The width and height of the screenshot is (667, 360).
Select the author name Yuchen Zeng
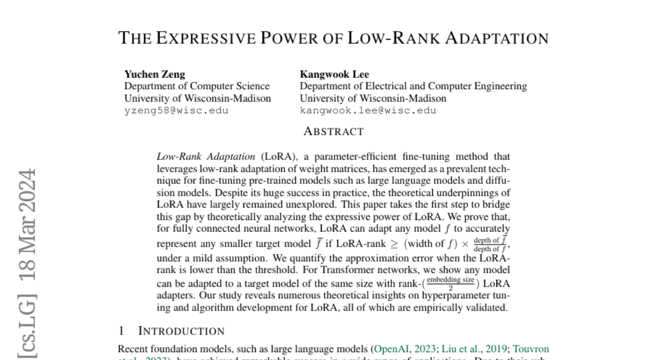pyautogui.click(x=155, y=74)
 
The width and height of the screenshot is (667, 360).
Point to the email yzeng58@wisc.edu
pyautogui.click(x=176, y=110)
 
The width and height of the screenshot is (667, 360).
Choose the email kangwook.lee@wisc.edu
pyautogui.click(x=368, y=110)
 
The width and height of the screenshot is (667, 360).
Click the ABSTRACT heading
pyautogui.click(x=333, y=132)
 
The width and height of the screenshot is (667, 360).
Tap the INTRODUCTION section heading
pyautogui.click(x=181, y=331)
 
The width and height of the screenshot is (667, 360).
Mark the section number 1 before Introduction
pyautogui.click(x=121, y=331)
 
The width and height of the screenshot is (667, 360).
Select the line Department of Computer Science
pyautogui.click(x=197, y=86)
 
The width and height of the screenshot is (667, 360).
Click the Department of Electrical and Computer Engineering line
pyautogui.click(x=414, y=86)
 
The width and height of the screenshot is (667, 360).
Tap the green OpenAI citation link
pyautogui.click(x=392, y=349)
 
